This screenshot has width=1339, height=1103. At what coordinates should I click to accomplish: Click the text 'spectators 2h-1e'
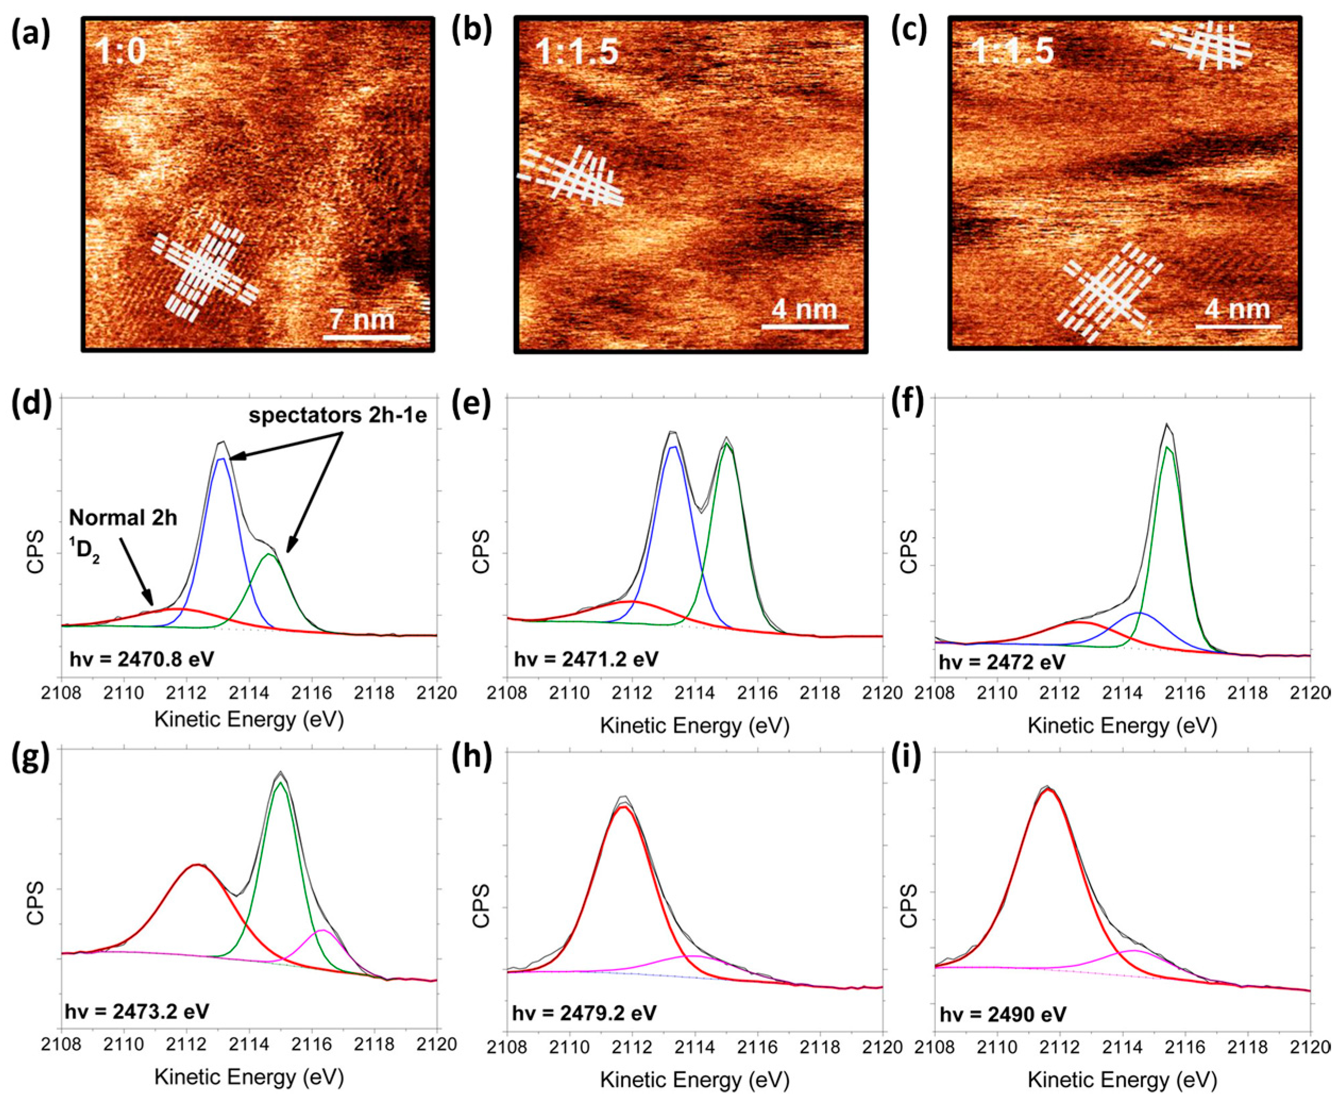click(337, 416)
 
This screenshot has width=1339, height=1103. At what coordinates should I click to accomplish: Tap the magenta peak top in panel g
click(322, 931)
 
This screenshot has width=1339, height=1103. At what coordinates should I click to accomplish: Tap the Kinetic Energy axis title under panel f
click(1122, 726)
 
